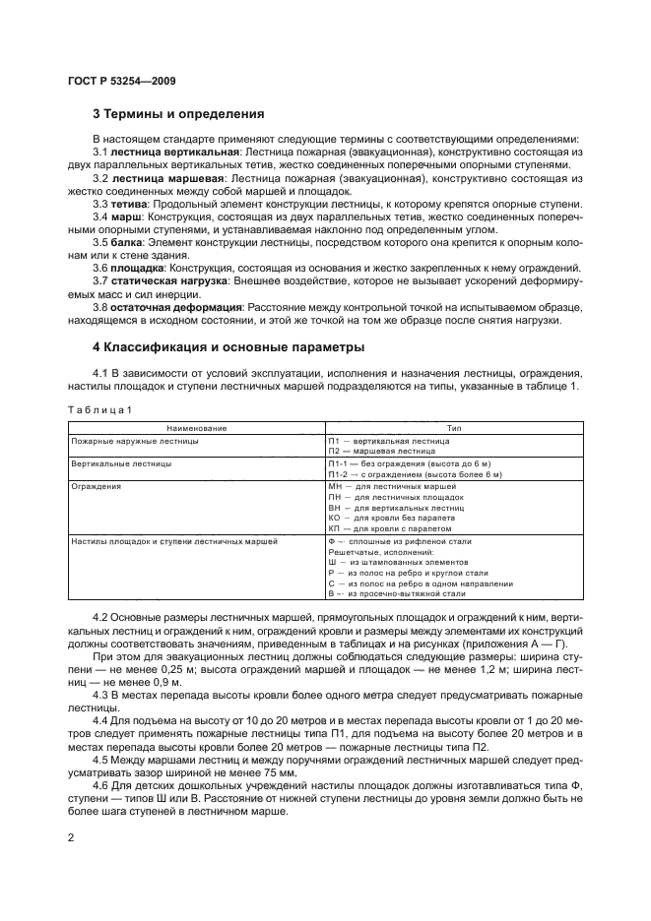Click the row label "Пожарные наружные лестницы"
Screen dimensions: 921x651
(134, 441)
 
